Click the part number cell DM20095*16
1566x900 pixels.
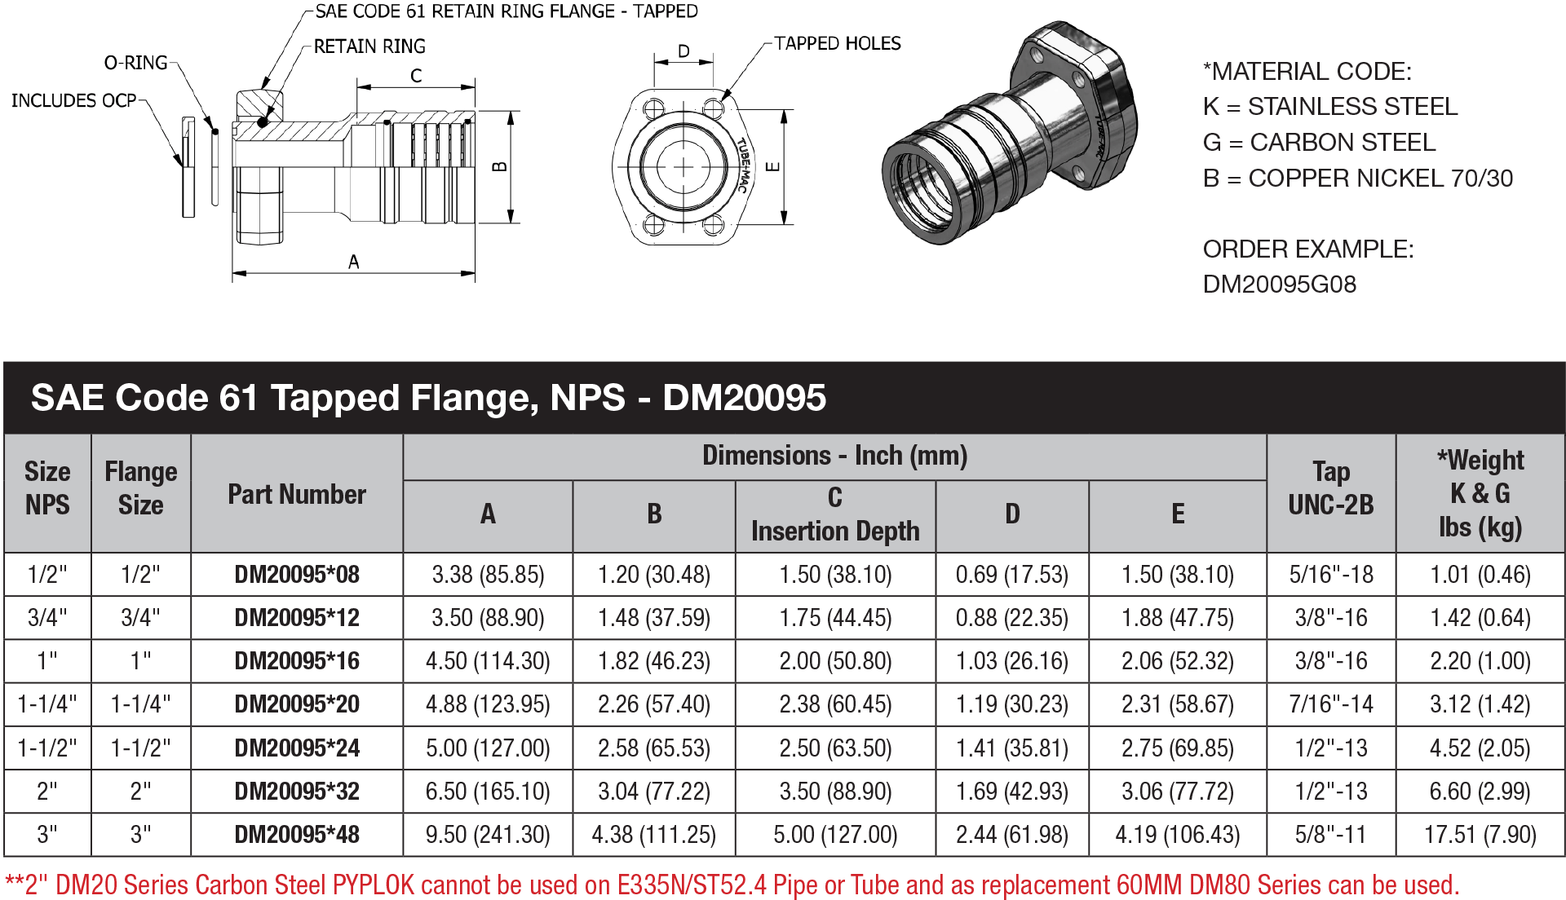(297, 661)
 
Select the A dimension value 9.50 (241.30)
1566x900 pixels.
(488, 835)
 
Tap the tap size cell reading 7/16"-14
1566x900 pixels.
(1331, 704)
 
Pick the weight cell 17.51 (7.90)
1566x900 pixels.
(1480, 835)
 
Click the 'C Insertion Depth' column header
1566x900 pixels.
(835, 515)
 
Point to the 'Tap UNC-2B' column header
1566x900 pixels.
(1331, 488)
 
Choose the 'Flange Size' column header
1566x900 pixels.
(141, 488)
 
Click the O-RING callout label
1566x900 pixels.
(135, 63)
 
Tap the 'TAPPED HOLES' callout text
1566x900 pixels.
(838, 43)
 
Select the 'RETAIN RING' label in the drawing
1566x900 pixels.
(369, 46)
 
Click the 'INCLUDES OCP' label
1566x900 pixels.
(73, 100)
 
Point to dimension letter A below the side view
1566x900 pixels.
(353, 262)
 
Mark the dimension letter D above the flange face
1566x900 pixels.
(683, 51)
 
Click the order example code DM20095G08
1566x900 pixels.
(1279, 285)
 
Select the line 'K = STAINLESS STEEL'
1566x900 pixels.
(1329, 107)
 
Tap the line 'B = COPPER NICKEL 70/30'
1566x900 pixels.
(1357, 179)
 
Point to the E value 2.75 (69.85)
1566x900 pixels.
(1177, 748)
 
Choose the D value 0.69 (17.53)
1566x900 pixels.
(1011, 575)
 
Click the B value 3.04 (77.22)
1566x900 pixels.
(653, 792)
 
